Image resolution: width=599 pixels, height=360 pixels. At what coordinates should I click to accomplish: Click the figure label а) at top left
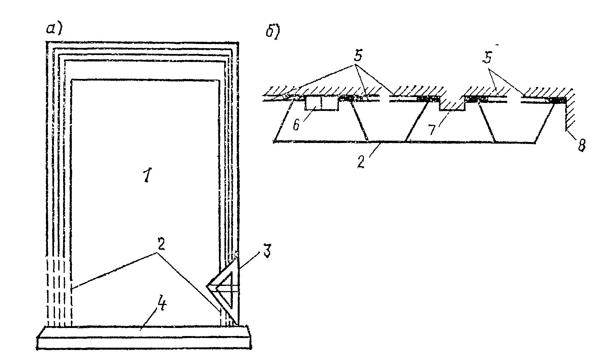click(x=54, y=29)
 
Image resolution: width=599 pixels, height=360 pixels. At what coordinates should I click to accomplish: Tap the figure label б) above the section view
click(x=272, y=32)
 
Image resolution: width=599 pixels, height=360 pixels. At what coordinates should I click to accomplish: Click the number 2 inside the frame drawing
click(x=160, y=245)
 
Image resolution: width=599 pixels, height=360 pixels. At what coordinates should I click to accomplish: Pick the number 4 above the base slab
click(x=160, y=305)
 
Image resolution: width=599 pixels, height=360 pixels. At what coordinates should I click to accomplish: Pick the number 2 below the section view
click(x=362, y=161)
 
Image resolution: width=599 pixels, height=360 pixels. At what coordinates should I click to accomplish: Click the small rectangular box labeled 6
click(x=322, y=103)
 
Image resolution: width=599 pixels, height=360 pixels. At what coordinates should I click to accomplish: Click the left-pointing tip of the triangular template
click(x=207, y=286)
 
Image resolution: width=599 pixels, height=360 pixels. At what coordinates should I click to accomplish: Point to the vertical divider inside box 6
click(x=321, y=103)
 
